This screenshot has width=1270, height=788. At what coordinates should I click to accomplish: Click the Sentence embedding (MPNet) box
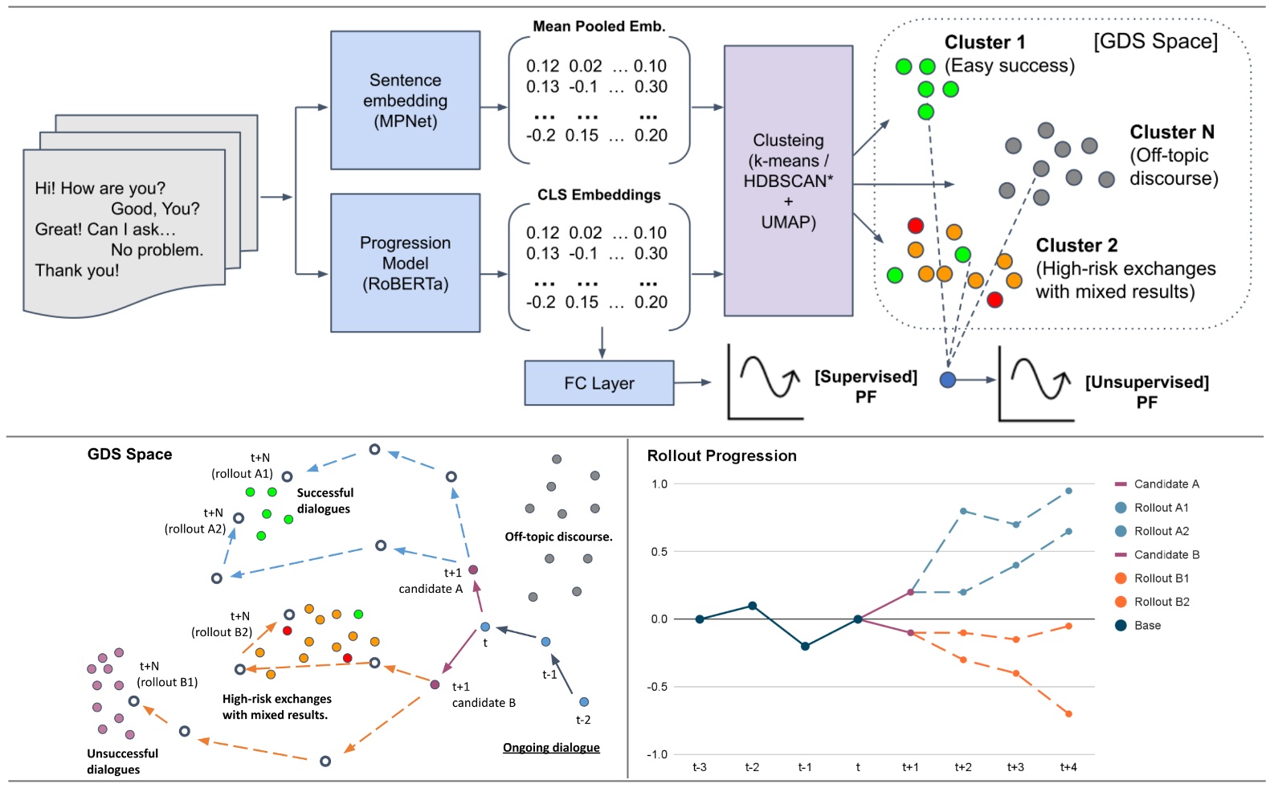(405, 100)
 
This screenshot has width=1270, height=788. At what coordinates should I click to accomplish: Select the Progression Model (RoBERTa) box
(405, 263)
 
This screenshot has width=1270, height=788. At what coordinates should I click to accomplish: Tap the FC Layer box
(598, 383)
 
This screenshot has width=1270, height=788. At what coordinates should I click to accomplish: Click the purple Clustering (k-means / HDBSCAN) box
(787, 181)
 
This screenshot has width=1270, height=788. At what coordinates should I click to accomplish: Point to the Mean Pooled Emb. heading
(598, 27)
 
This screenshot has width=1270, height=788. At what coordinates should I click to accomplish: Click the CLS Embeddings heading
(598, 195)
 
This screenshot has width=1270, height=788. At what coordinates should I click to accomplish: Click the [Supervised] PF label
(865, 386)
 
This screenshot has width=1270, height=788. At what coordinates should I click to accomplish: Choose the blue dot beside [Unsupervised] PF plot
(948, 380)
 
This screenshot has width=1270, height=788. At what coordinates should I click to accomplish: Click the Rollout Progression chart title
(721, 455)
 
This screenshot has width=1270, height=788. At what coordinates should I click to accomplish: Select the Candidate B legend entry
(1166, 555)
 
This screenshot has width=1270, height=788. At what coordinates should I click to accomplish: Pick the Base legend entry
(1146, 626)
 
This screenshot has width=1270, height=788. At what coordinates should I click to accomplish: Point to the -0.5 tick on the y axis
(659, 687)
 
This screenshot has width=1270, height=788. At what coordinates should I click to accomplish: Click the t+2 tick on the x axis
(962, 767)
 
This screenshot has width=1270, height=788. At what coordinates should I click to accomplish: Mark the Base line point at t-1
(805, 646)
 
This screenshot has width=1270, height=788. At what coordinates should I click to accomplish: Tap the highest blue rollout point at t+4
(1068, 491)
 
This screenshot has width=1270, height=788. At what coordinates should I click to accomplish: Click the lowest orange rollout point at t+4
(1068, 713)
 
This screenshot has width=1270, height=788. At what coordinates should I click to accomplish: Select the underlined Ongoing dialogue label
(551, 748)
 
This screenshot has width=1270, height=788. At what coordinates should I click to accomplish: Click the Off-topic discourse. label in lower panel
(558, 537)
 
